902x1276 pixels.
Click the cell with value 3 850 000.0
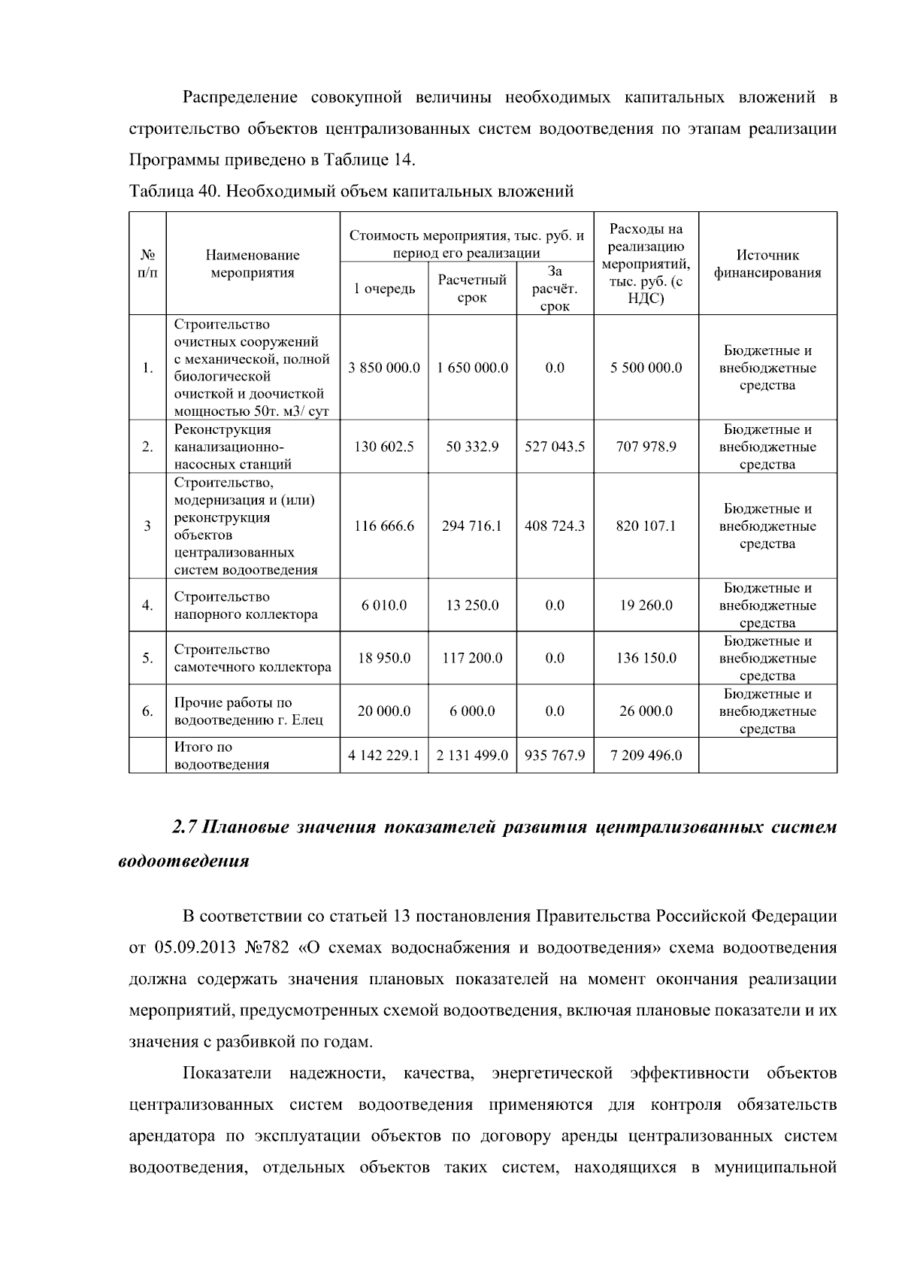(x=384, y=368)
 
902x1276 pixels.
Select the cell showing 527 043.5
(x=555, y=447)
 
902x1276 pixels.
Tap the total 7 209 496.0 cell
(x=646, y=755)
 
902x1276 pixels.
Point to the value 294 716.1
(x=472, y=526)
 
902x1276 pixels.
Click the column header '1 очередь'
(x=384, y=289)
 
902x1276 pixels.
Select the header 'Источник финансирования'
(x=767, y=264)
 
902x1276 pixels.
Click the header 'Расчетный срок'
(x=472, y=289)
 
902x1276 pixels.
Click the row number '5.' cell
(x=147, y=658)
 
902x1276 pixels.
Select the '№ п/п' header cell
(x=147, y=264)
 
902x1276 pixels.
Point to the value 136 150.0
(x=646, y=658)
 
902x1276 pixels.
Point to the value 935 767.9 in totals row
(x=555, y=755)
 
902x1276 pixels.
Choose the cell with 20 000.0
(x=384, y=711)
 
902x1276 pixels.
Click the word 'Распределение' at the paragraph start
(x=240, y=98)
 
